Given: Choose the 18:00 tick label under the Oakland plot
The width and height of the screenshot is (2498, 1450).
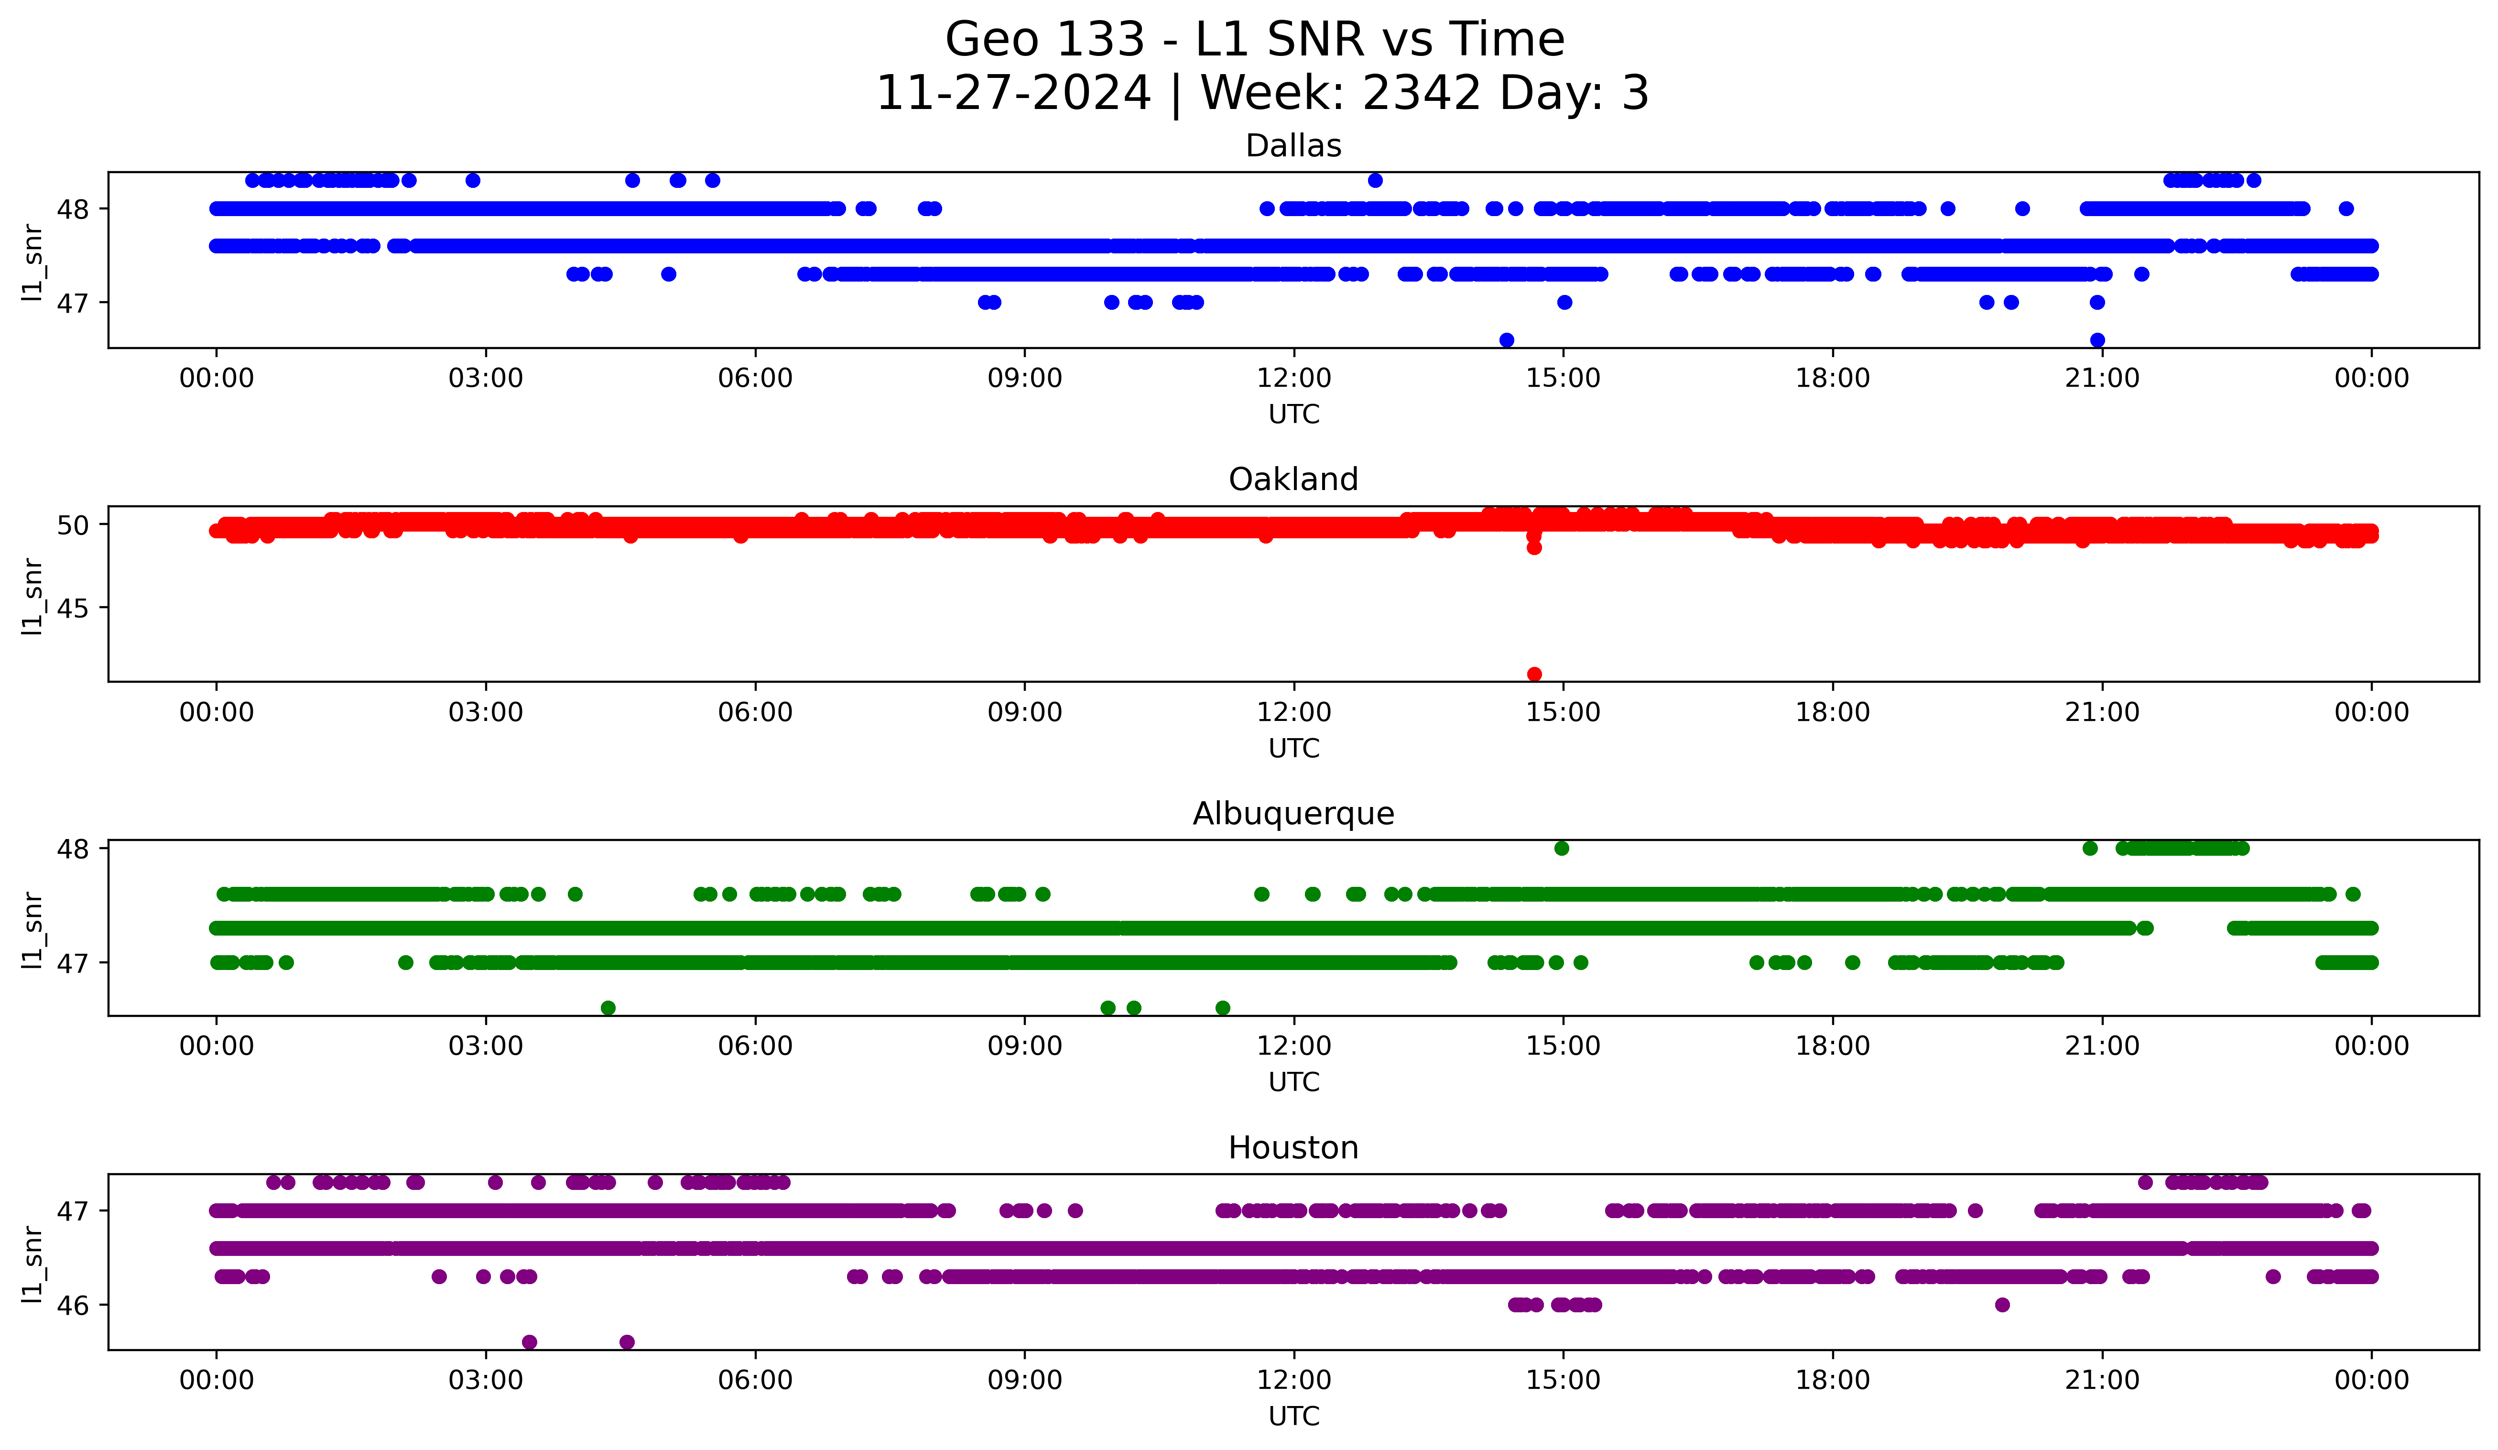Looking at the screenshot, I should (x=1832, y=713).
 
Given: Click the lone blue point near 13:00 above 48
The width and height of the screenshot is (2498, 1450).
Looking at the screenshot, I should (x=1375, y=180).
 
